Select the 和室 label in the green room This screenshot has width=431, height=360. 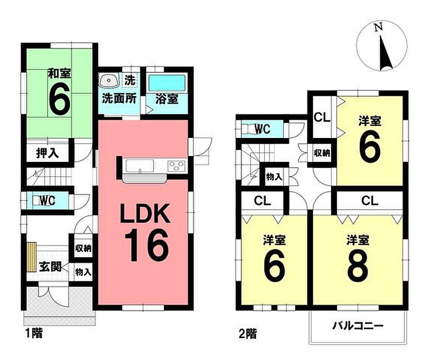[x=60, y=73]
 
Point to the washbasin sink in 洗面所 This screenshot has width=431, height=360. [x=109, y=80]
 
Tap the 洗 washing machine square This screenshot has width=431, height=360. [x=130, y=80]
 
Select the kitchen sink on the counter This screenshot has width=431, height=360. [x=140, y=166]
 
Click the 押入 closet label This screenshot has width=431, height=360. [x=48, y=154]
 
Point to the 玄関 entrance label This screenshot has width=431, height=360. [x=50, y=266]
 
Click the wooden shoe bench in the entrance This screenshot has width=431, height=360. [x=32, y=257]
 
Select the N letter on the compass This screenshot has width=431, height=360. [x=378, y=27]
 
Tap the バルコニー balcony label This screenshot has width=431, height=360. [x=358, y=326]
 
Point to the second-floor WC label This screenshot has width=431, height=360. [x=263, y=129]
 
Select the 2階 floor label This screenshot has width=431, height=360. [x=248, y=334]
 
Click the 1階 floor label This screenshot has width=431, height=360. [x=34, y=334]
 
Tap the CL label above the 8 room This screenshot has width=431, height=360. [x=370, y=201]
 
